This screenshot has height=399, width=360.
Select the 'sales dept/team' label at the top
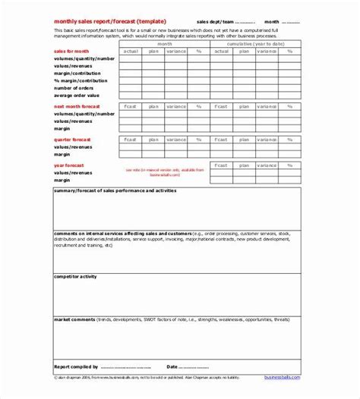216,21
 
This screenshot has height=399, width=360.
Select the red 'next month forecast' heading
77,107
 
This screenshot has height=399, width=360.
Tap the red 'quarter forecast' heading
72,139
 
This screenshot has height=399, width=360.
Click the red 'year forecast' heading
68,165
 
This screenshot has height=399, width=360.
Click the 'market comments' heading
73,319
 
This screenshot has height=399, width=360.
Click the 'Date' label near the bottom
172,366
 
